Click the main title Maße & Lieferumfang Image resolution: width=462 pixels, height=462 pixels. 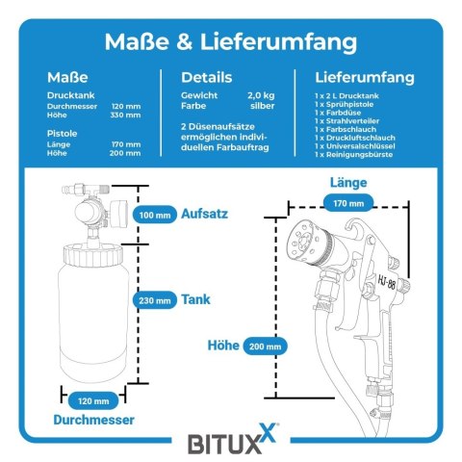tap(231, 42)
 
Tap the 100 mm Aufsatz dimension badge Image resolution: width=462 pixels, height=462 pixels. tap(155, 215)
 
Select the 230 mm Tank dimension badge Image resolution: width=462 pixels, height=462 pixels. tap(155, 300)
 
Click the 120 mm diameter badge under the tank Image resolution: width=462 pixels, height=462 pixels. tap(93, 400)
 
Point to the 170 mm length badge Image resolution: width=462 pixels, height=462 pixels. tap(348, 203)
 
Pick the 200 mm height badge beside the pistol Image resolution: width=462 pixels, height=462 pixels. tap(265, 346)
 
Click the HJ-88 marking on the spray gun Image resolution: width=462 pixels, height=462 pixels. tap(387, 283)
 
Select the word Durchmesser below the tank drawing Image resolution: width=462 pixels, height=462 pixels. tap(93, 420)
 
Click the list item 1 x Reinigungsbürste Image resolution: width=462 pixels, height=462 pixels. tap(353, 154)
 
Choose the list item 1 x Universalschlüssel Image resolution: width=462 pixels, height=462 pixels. tap(355, 146)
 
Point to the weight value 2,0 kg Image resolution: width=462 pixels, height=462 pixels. tap(261, 95)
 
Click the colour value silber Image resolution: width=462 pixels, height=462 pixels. tap(263, 106)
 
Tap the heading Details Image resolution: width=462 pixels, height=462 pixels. tap(207, 77)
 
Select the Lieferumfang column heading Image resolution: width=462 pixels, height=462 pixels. tap(365, 77)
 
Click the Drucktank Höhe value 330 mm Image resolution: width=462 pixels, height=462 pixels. tap(125, 115)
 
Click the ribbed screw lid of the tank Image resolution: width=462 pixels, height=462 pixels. tap(93, 255)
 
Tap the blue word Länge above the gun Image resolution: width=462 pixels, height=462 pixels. tap(348, 183)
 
